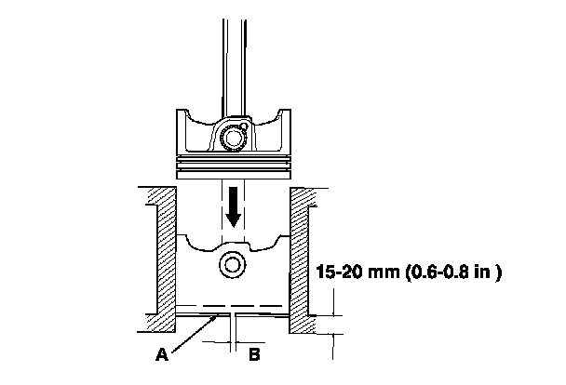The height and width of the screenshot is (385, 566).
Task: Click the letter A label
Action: pyautogui.click(x=162, y=354)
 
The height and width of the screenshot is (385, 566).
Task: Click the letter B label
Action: pyautogui.click(x=254, y=354)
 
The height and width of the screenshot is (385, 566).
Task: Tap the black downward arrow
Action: pyautogui.click(x=233, y=207)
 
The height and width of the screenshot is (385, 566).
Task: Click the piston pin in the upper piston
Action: pyautogui.click(x=233, y=138)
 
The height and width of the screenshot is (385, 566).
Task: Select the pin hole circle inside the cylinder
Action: pyautogui.click(x=233, y=265)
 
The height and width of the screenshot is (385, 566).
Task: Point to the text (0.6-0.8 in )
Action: pyautogui.click(x=454, y=272)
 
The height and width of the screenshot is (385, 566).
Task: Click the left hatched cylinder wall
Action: pyautogui.click(x=167, y=259)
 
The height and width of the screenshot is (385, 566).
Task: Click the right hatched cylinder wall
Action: pyautogui.click(x=299, y=260)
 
